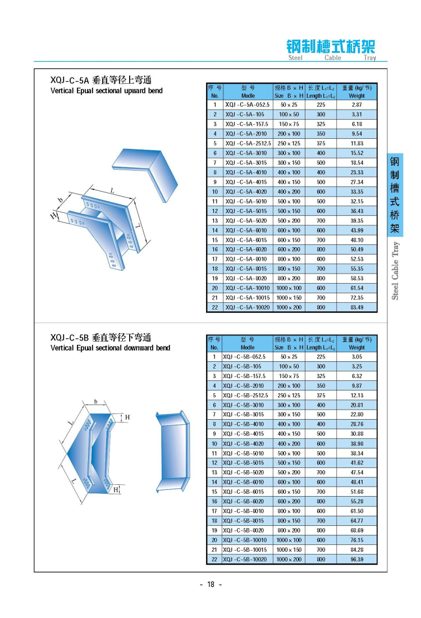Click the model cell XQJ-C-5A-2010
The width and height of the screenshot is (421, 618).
247,134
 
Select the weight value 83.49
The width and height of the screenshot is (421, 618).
356,307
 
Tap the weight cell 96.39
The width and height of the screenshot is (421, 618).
356,560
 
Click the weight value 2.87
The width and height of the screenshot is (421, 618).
356,104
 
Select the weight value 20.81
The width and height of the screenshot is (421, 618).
356,405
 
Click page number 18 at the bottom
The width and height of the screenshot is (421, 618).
211,584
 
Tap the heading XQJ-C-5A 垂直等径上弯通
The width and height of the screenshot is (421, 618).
101,79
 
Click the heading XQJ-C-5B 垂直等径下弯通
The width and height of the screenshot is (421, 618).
101,338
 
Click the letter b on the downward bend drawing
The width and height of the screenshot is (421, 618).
96,402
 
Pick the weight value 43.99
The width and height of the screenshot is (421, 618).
356,230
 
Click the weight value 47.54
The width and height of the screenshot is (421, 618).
356,472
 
